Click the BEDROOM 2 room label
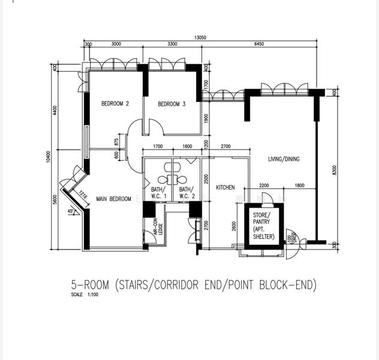(x=115, y=104)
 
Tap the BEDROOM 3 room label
(x=172, y=104)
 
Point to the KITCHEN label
(x=225, y=188)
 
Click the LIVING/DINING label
(x=284, y=159)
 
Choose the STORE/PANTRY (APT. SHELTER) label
(x=262, y=226)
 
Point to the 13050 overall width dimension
(x=200, y=37)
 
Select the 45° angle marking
(x=72, y=211)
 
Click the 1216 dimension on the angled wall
(x=83, y=195)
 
